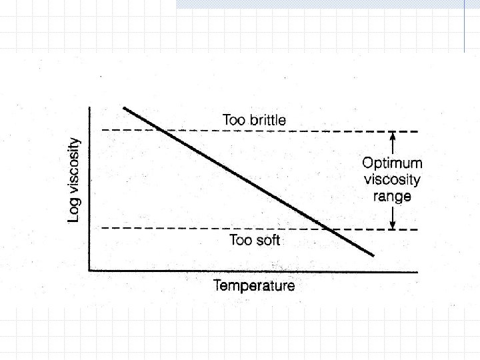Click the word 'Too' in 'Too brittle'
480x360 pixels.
point(234,120)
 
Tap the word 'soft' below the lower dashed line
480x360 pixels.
point(267,240)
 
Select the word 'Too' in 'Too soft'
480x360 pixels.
point(241,240)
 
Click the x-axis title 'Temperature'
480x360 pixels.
point(254,286)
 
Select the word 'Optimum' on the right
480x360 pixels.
point(392,163)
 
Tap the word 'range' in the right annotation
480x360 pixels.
point(392,197)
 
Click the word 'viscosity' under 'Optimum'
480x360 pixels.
point(392,180)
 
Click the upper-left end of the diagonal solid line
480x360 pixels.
point(124,108)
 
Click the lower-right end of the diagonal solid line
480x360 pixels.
point(373,255)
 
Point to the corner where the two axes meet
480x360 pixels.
point(89,270)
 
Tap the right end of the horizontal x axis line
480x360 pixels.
point(417,271)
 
